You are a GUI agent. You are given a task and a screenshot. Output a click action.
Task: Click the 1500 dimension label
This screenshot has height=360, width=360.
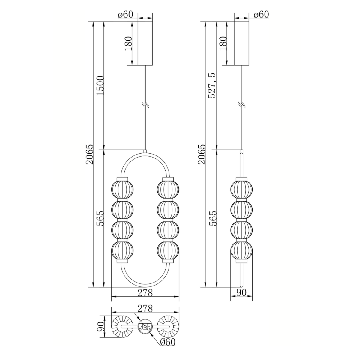[x=100, y=85]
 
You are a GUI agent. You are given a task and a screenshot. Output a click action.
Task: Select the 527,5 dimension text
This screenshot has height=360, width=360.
[x=212, y=86]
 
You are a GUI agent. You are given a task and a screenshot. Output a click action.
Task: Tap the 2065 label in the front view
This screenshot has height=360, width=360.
[x=89, y=154]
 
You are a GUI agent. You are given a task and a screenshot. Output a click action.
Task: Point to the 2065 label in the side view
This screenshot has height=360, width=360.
[x=202, y=154]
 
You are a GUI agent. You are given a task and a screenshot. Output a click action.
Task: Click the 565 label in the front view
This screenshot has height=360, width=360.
[x=100, y=219]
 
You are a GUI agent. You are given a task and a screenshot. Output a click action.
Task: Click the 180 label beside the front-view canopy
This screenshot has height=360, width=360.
[x=128, y=43]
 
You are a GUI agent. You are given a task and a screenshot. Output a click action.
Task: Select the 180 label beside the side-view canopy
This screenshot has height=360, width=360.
[x=223, y=43]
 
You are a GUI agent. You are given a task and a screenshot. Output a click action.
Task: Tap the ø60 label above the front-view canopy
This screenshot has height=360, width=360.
[x=125, y=14]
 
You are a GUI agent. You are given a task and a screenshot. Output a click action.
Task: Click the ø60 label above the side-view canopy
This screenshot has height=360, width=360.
[x=261, y=14]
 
